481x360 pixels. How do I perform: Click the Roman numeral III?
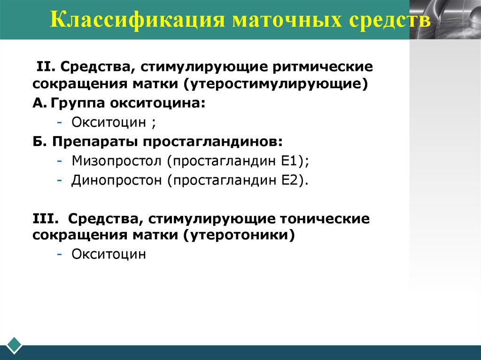coord(45,219)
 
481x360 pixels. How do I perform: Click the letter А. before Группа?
coord(38,104)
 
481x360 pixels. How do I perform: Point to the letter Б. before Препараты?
coord(38,142)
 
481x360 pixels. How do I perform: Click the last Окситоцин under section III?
coord(109,254)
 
